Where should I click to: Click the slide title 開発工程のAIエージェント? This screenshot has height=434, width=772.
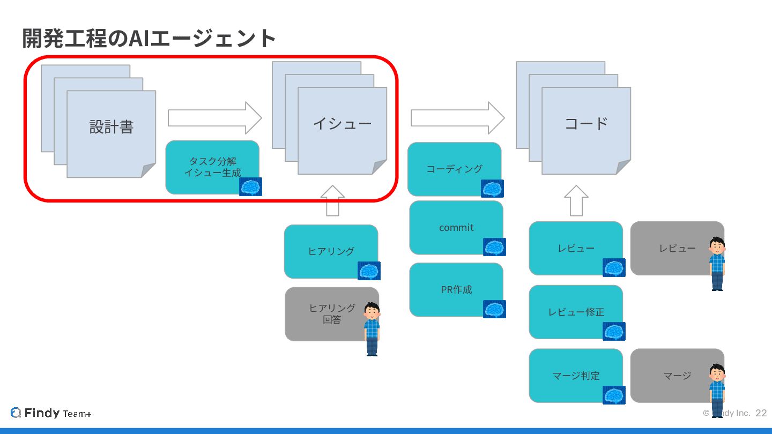pos(149,38)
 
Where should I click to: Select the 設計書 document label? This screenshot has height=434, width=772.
pos(111,127)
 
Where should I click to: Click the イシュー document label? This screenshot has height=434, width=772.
pos(342,124)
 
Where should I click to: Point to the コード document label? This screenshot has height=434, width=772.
pos(586,124)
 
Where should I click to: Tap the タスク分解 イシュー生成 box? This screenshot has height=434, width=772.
pos(212,167)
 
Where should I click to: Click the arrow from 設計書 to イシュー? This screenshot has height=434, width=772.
pos(214,118)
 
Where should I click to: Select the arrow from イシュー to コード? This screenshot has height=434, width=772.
pos(457,118)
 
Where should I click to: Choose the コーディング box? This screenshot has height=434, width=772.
pos(454,169)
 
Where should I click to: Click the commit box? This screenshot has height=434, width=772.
pos(456,228)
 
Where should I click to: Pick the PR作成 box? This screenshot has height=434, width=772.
pos(456,289)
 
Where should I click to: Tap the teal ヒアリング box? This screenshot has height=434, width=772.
pos(331,251)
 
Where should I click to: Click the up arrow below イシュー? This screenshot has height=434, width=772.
pos(333,200)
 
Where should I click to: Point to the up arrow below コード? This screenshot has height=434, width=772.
pos(576,200)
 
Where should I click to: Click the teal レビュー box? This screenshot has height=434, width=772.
pos(575,248)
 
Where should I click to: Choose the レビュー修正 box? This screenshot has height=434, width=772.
pos(575,312)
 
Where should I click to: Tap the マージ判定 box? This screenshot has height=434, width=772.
pos(575,376)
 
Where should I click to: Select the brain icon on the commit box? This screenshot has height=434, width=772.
pos(494,247)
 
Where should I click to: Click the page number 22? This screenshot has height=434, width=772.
pos(761,413)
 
